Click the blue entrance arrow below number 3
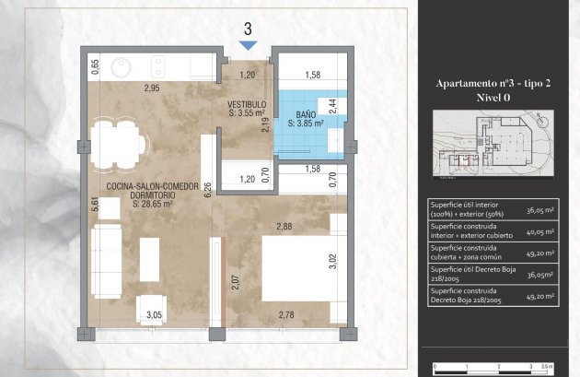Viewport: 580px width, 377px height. (248, 45)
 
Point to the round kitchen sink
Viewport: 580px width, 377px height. (121, 67)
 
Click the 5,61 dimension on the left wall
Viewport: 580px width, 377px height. (94, 205)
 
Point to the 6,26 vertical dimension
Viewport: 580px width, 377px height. (208, 190)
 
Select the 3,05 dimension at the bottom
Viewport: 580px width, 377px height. (155, 315)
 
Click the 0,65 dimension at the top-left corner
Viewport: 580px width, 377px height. (94, 66)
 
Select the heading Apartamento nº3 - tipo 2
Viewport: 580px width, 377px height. (496, 83)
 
